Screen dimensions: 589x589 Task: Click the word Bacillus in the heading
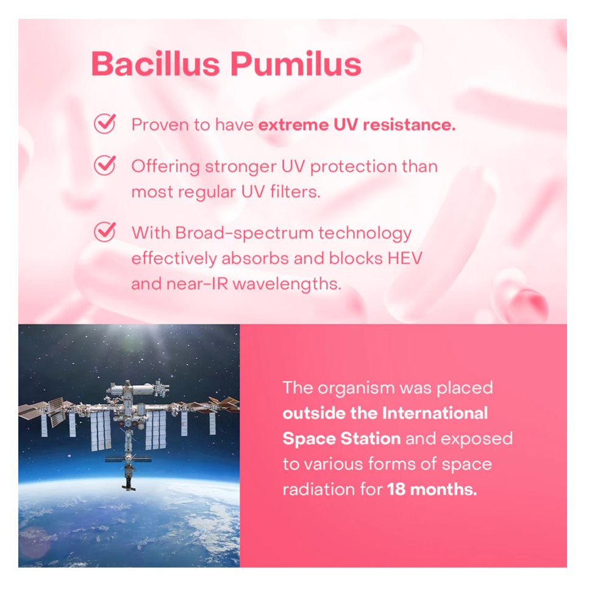155,63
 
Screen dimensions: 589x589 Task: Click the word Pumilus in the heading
296,63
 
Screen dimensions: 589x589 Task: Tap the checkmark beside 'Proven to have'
105,123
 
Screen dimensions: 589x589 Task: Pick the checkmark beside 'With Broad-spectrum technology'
105,232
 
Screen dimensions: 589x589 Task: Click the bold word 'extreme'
293,125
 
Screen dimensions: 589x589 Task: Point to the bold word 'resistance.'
409,125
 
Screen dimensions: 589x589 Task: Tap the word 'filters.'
295,191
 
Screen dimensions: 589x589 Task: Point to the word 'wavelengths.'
287,284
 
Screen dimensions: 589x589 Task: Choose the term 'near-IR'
197,284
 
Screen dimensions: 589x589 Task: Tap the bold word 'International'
435,413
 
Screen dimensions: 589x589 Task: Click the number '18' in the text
396,490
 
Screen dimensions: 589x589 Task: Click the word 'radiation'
318,490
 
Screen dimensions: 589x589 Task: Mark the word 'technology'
365,234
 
